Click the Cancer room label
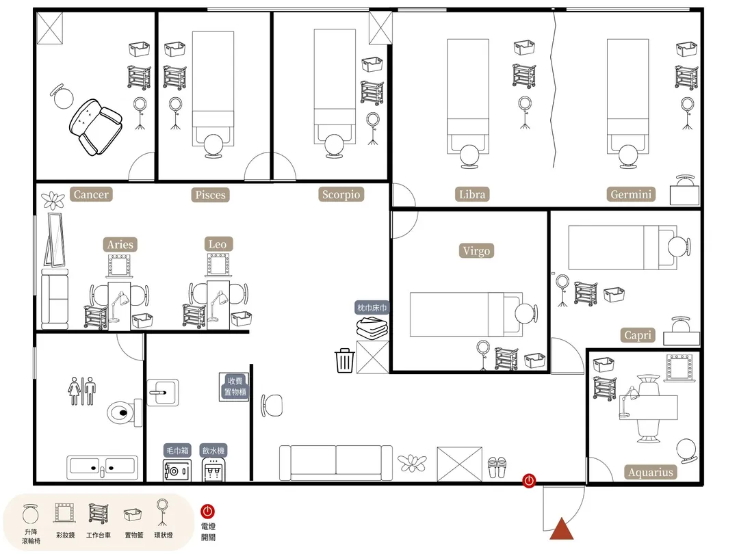coord(91,194)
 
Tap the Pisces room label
coord(210,194)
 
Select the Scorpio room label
coord(341,194)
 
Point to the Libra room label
coord(471,194)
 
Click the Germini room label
coord(631,194)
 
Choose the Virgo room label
coord(476,250)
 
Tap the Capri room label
coord(638,335)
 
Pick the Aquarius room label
coord(651,472)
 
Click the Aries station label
coord(120,244)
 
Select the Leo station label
coord(218,244)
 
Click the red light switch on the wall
coord(529,481)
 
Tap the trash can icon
coord(344,360)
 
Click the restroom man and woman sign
coord(82,391)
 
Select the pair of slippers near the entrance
coord(497,467)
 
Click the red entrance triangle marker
coord(561,529)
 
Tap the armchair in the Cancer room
coord(96,127)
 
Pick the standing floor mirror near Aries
coord(55,240)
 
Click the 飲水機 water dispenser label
coord(213,450)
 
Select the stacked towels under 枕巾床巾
coord(372,328)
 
